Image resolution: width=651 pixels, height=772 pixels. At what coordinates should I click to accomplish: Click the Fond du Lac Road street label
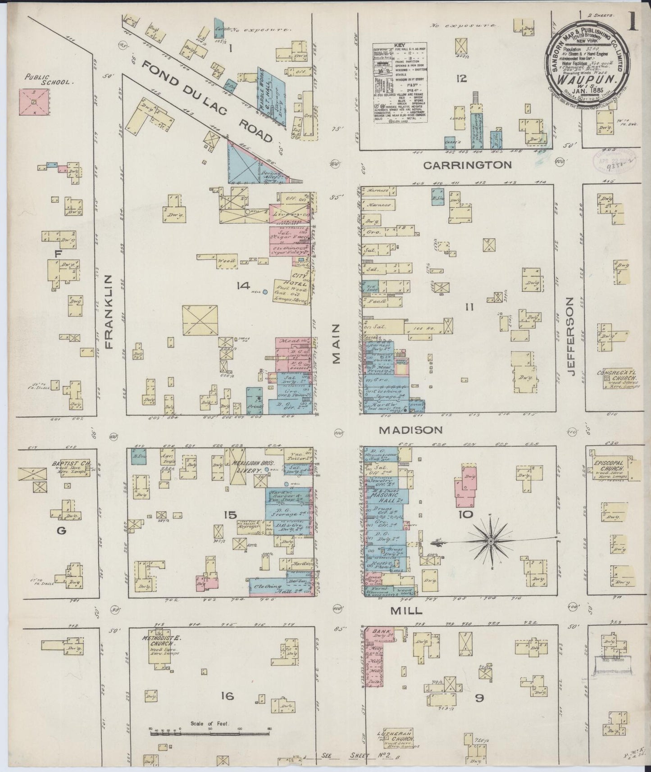pos(207,101)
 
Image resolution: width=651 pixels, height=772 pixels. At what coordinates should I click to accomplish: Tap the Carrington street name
pos(467,165)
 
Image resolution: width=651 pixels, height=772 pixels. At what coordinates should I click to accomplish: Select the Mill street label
pos(406,610)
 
